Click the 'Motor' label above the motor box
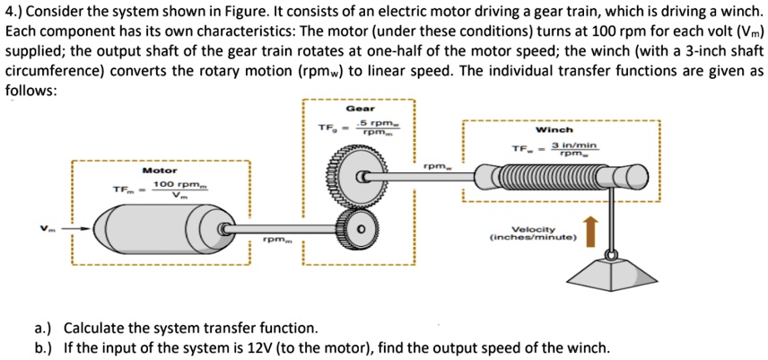[160, 170]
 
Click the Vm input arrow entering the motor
[74, 228]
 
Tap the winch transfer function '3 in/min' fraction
[573, 149]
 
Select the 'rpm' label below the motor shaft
[275, 241]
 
